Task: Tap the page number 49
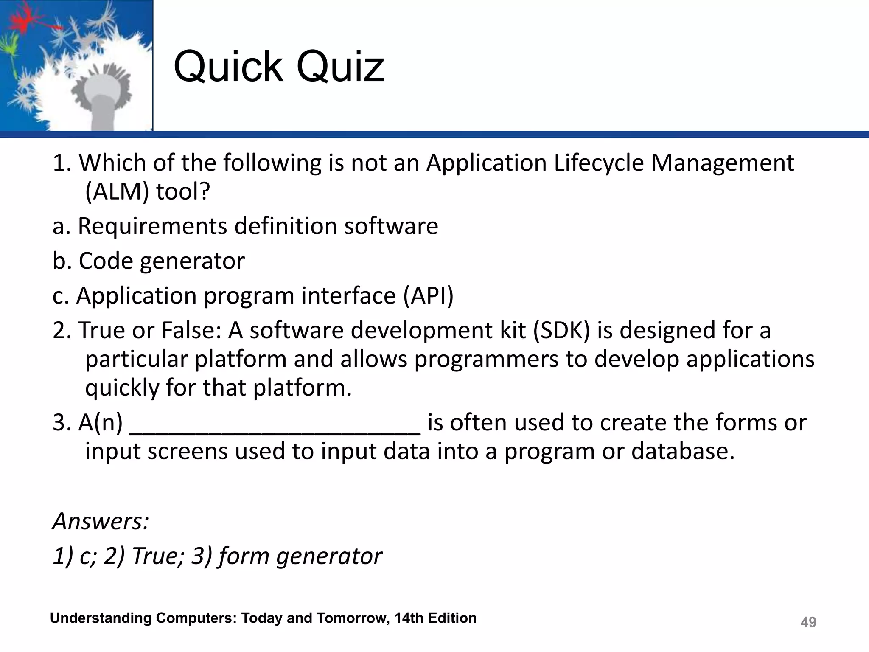pos(808,622)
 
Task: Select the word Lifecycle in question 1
pos(599,163)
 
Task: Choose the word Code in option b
pos(106,261)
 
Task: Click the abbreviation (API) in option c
pos(428,295)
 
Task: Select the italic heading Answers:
pos(101,521)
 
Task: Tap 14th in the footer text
pos(409,618)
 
